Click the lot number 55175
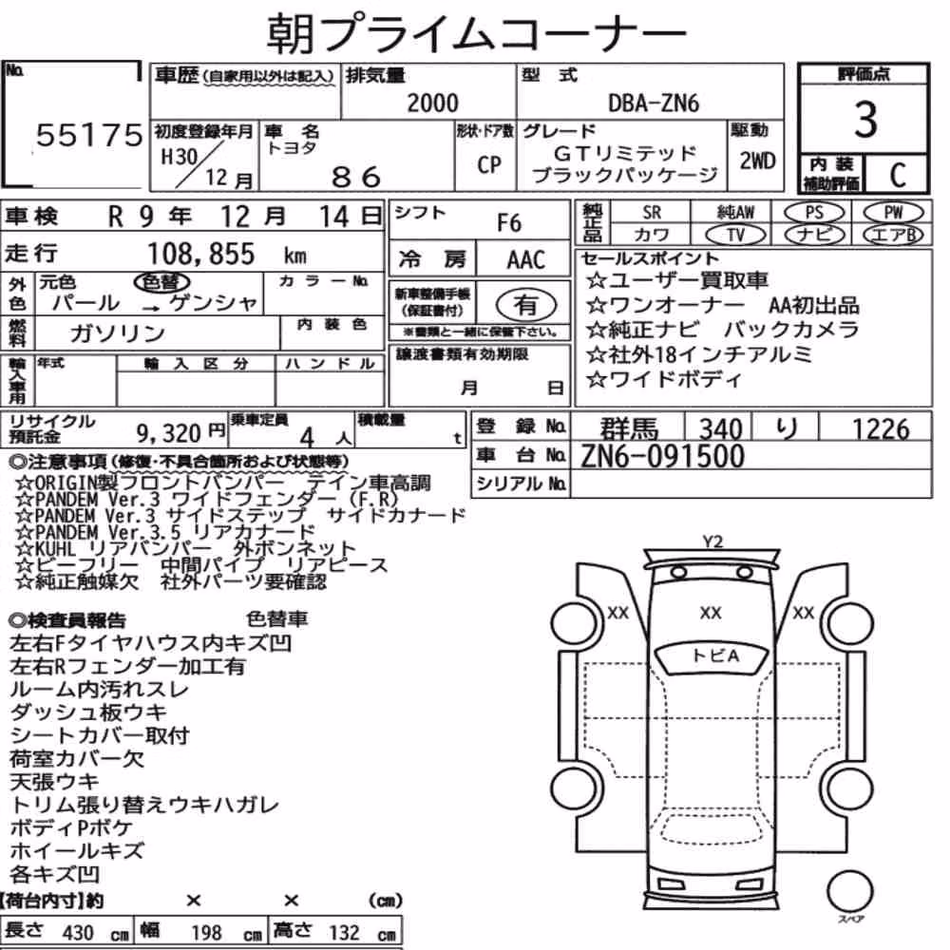[x=89, y=135]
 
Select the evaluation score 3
[x=865, y=120]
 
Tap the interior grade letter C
[x=898, y=175]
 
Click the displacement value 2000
[x=432, y=104]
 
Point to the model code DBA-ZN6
[x=654, y=104]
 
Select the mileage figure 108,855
[x=201, y=254]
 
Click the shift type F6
[x=509, y=223]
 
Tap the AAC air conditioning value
[x=526, y=260]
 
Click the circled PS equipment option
[x=814, y=213]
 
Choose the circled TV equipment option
[x=736, y=235]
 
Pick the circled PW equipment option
[x=893, y=213]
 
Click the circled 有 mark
[x=526, y=305]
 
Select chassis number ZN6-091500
[x=662, y=456]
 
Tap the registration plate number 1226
[x=881, y=429]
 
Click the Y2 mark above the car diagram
[x=712, y=541]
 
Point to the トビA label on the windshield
[x=715, y=655]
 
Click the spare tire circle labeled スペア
[x=849, y=891]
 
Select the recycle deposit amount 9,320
[x=168, y=433]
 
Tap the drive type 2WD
[x=757, y=161]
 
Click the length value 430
[x=78, y=933]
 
